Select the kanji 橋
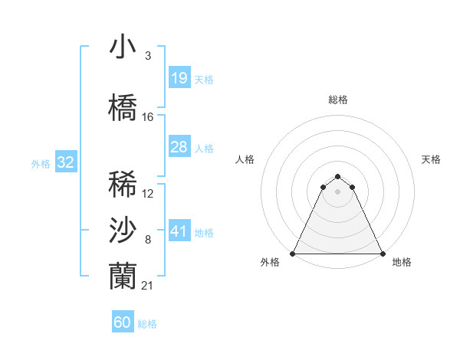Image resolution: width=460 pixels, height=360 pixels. (x=123, y=107)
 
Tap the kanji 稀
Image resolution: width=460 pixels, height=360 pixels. (x=123, y=185)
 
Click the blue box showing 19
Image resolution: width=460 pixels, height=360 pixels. (x=179, y=78)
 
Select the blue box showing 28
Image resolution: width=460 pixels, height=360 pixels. (x=179, y=147)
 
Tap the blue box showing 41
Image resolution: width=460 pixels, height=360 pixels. (x=179, y=231)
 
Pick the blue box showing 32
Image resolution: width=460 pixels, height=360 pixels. (x=65, y=162)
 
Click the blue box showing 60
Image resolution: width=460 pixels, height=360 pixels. (x=123, y=322)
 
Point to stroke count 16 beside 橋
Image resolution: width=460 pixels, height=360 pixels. (x=148, y=117)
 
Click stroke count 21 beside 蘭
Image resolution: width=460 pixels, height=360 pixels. (x=148, y=286)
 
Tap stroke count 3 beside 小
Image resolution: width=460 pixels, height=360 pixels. (x=147, y=56)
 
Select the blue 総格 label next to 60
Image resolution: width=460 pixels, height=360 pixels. (x=147, y=324)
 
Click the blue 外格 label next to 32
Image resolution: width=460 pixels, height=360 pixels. (x=41, y=163)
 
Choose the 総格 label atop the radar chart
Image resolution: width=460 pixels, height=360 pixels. (x=338, y=100)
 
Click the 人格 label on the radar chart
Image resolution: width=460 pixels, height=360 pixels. (x=245, y=159)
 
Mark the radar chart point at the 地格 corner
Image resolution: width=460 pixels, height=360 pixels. (x=383, y=254)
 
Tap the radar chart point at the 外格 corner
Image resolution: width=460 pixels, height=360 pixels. (x=293, y=254)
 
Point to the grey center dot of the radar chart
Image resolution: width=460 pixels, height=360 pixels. (x=338, y=191)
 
